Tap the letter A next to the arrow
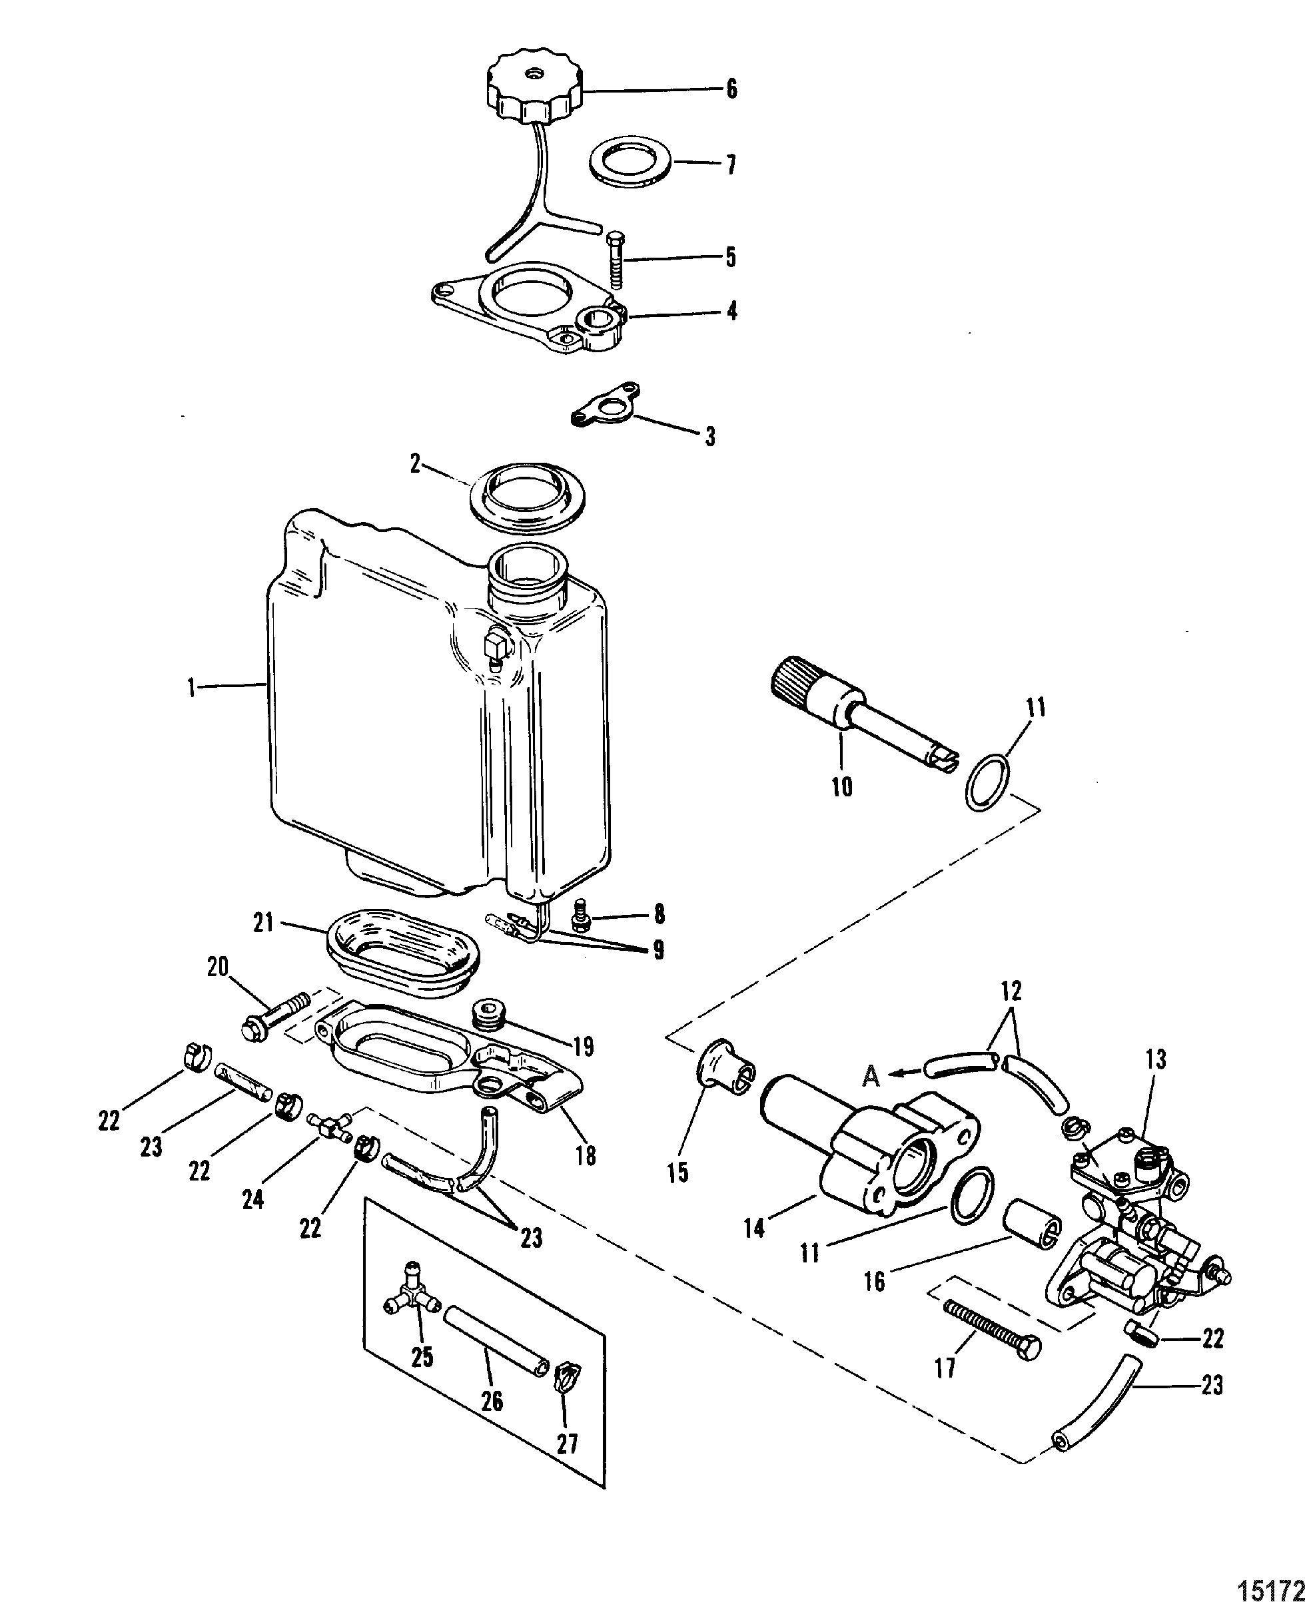pyautogui.click(x=871, y=1077)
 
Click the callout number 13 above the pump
pyautogui.click(x=1155, y=1059)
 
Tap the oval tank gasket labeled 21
pyautogui.click(x=404, y=951)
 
